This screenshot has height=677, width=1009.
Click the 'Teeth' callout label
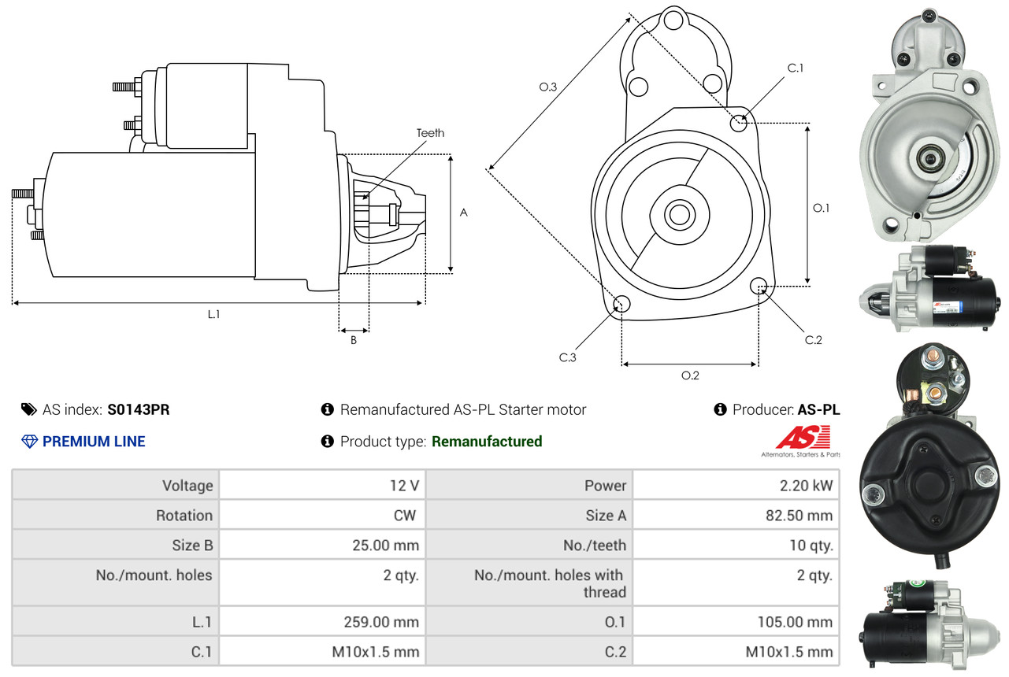point(430,133)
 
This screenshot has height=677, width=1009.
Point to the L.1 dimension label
point(213,314)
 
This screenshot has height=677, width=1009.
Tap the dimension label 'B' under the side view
point(354,340)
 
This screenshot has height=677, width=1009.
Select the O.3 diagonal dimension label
point(548,87)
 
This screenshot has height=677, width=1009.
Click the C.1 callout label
point(796,68)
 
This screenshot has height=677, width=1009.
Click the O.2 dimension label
point(690,375)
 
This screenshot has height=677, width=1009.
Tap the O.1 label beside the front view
point(822,208)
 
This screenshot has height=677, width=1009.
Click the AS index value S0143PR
point(139,409)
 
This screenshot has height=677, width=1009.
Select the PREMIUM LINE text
point(94,442)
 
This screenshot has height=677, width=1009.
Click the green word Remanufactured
point(487,442)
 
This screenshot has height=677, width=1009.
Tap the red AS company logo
point(803,438)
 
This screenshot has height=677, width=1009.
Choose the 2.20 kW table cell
point(736,486)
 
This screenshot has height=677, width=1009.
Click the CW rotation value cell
point(322,516)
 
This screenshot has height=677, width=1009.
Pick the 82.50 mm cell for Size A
point(736,516)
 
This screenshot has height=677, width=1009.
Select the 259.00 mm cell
point(322,622)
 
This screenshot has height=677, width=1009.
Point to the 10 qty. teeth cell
point(736,545)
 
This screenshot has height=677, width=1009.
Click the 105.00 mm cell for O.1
point(736,622)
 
